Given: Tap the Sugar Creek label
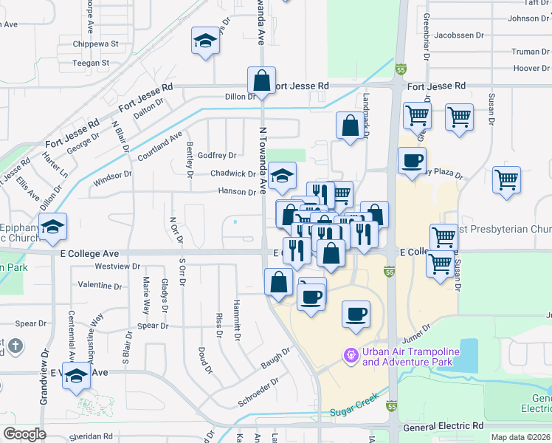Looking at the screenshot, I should (x=353, y=411).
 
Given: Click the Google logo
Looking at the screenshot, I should (x=24, y=433).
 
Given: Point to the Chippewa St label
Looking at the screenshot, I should (x=95, y=44).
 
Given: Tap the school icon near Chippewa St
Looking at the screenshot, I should (x=205, y=43).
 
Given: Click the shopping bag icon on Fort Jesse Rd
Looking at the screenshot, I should (x=261, y=81).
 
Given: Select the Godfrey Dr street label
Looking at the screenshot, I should (x=217, y=156).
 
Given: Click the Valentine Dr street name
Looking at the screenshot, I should (x=100, y=284).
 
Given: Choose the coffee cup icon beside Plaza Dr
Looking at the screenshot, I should (x=412, y=161).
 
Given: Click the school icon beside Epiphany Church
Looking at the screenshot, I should (x=52, y=229).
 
